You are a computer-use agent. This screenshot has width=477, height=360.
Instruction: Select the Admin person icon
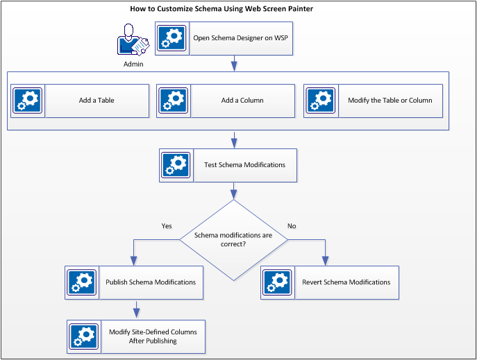(x=132, y=40)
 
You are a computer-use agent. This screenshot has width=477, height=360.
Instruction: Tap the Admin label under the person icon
(x=133, y=64)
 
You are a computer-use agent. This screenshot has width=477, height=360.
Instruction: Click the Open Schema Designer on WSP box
(x=224, y=38)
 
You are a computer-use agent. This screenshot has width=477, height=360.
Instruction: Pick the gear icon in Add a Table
(x=28, y=101)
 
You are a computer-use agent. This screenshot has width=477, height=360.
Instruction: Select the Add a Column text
(x=242, y=101)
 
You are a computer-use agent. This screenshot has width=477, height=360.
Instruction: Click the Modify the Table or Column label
(x=390, y=101)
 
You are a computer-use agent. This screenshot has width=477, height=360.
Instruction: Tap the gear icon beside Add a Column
(x=173, y=101)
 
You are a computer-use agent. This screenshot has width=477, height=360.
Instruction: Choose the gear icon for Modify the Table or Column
(x=321, y=101)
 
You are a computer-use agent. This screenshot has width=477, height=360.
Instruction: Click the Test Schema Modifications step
(x=228, y=165)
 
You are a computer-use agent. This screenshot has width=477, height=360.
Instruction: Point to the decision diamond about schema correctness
(x=233, y=240)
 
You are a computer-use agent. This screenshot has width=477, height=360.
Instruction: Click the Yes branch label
(x=167, y=226)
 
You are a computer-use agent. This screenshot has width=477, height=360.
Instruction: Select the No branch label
(x=292, y=226)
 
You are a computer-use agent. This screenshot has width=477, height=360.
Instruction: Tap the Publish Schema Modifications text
(x=151, y=282)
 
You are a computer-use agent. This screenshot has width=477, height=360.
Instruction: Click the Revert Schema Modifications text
(x=346, y=282)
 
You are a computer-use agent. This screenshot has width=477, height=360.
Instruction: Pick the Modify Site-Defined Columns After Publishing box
(x=137, y=336)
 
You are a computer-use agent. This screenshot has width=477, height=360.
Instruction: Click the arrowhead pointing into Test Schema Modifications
(x=234, y=144)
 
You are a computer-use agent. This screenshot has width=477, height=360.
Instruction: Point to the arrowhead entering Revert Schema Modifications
(x=324, y=260)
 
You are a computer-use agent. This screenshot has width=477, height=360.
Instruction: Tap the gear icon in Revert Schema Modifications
(x=278, y=282)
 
